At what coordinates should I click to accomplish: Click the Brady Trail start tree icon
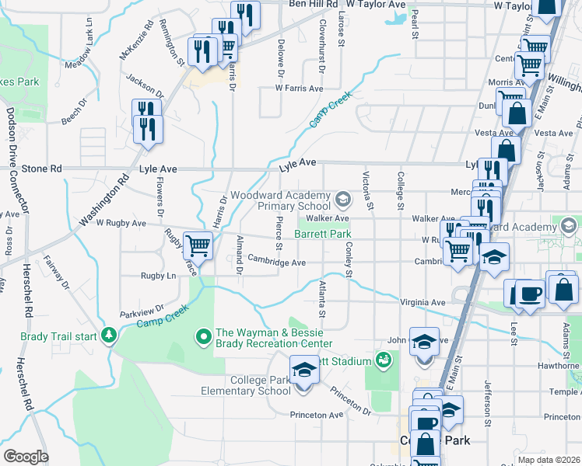109,336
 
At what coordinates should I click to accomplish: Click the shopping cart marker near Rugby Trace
198,246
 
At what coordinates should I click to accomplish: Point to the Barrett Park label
323,234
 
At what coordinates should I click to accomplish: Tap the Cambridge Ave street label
277,263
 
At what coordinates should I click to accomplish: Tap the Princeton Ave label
317,415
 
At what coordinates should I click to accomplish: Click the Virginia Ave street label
422,303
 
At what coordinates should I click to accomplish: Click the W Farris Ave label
299,89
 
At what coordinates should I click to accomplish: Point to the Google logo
26,456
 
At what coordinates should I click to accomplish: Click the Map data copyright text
549,460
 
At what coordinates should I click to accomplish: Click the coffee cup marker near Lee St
530,294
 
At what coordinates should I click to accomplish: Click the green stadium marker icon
383,360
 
